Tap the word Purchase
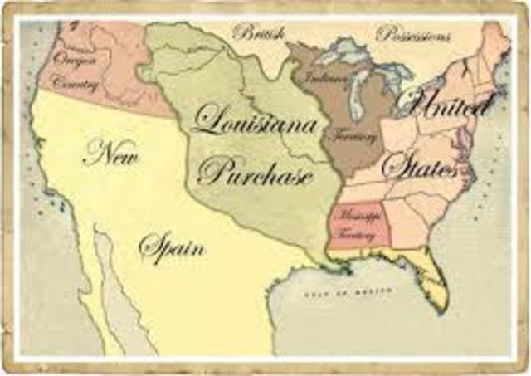pos(256,173)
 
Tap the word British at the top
pos(259,33)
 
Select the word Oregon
pos(76,59)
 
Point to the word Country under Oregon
pos(74,83)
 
